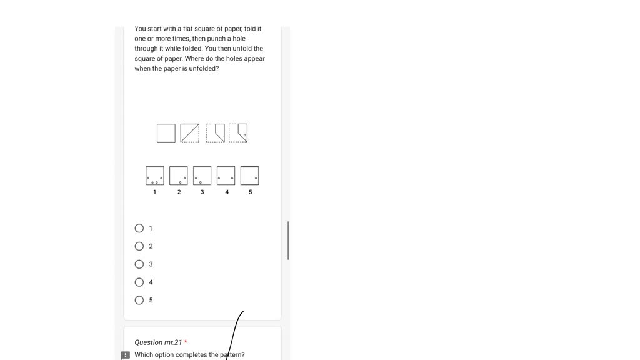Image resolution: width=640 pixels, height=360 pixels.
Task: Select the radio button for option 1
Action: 139,228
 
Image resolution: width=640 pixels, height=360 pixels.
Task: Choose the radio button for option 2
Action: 139,246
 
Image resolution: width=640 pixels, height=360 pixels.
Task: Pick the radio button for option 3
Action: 139,264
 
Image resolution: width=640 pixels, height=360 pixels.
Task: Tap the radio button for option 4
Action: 139,282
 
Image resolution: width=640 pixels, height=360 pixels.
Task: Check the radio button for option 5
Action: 139,301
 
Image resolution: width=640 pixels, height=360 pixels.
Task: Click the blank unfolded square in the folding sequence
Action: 166,133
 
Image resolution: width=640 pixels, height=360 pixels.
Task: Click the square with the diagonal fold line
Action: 190,133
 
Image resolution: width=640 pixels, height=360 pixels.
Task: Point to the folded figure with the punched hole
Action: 238,133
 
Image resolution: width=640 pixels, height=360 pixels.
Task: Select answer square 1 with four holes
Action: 155,176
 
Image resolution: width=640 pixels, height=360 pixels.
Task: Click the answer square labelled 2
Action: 179,176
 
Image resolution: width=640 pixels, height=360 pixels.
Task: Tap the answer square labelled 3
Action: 202,176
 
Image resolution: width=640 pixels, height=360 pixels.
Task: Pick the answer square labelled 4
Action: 226,176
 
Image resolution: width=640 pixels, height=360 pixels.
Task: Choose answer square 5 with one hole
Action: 249,176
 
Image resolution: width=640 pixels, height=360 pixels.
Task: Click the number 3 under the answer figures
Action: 202,192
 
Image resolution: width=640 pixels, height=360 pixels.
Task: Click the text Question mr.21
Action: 158,342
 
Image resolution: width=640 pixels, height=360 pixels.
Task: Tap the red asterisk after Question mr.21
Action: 186,342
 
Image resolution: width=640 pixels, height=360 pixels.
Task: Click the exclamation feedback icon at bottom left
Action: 126,356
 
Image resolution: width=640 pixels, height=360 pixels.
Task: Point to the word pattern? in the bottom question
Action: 232,355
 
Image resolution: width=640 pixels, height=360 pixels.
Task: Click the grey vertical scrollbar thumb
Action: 288,241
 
